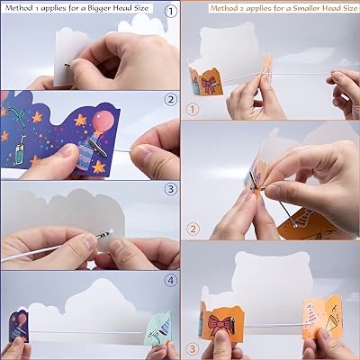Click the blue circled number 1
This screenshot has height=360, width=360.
point(171,13)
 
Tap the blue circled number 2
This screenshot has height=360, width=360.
point(171,100)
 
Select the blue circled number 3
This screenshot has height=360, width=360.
point(171,189)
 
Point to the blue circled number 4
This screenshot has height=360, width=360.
point(171,281)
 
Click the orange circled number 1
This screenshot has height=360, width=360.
point(193,110)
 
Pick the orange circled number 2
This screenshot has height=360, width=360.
point(193,229)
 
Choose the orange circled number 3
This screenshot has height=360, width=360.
point(193,349)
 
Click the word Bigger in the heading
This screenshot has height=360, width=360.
point(101,8)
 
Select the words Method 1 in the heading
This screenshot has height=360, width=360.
point(21,8)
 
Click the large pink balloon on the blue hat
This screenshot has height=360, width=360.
point(103,122)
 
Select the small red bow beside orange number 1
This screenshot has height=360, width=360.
point(208,85)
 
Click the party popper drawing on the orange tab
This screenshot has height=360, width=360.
point(334,319)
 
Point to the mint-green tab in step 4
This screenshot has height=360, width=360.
point(158,330)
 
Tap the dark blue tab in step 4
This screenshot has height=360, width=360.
point(19,326)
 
